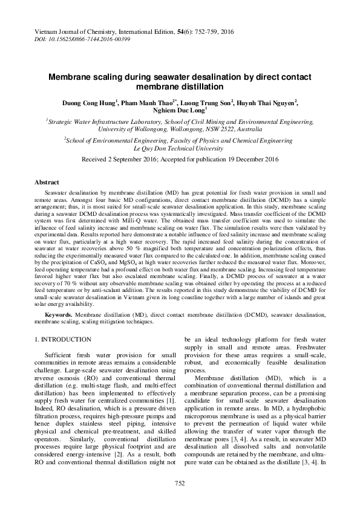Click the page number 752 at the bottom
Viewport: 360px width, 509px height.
click(x=180, y=483)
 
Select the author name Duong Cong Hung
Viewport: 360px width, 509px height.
click(x=90, y=103)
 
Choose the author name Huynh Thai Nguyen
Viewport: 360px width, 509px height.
click(x=267, y=103)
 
